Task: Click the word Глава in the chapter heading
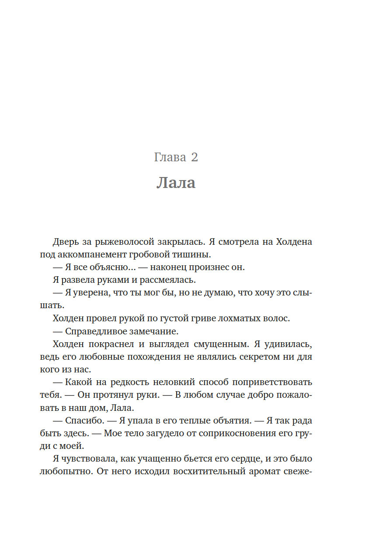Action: click(170, 157)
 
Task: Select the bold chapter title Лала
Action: click(176, 183)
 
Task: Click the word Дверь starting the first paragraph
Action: click(66, 242)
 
